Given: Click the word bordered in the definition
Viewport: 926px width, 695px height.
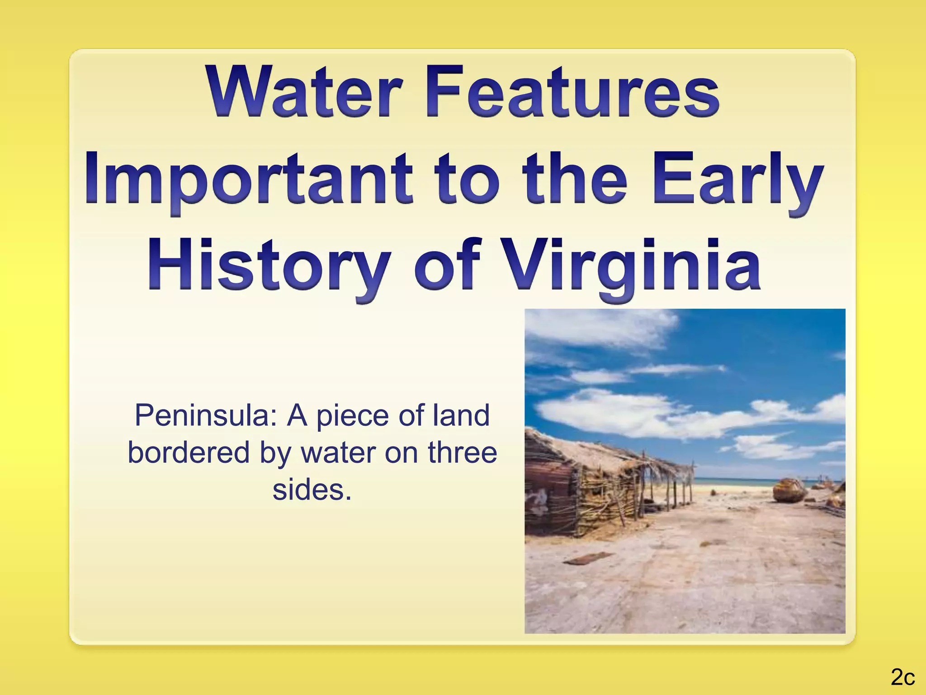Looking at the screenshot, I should [189, 452].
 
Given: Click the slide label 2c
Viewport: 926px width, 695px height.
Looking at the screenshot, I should [902, 677].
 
